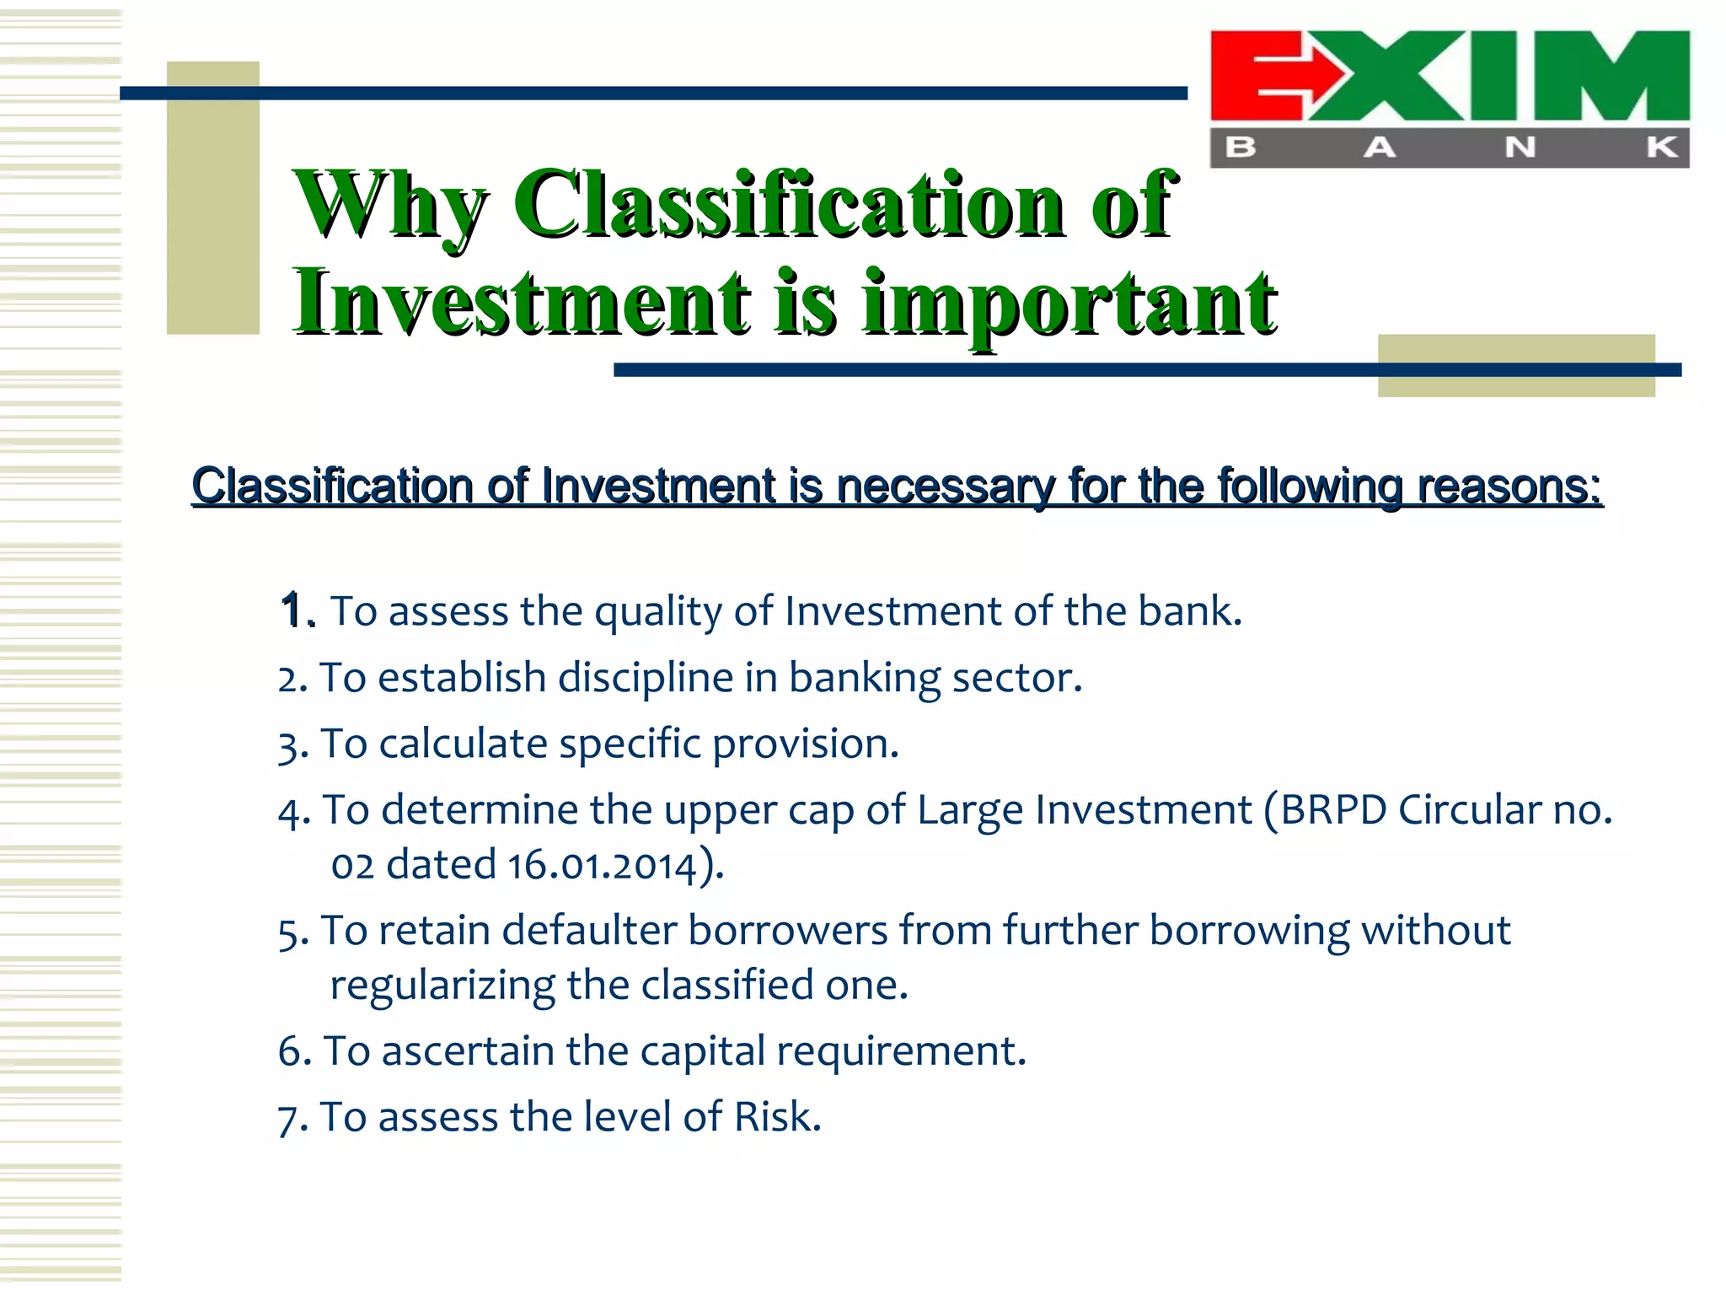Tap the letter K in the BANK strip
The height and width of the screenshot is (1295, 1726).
click(1661, 148)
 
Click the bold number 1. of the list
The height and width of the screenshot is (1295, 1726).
click(297, 610)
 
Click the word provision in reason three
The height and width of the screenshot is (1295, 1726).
click(805, 744)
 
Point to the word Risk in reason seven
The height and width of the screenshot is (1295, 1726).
click(776, 1116)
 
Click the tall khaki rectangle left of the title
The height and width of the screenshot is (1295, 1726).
click(212, 198)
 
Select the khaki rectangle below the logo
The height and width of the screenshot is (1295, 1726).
click(1515, 365)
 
